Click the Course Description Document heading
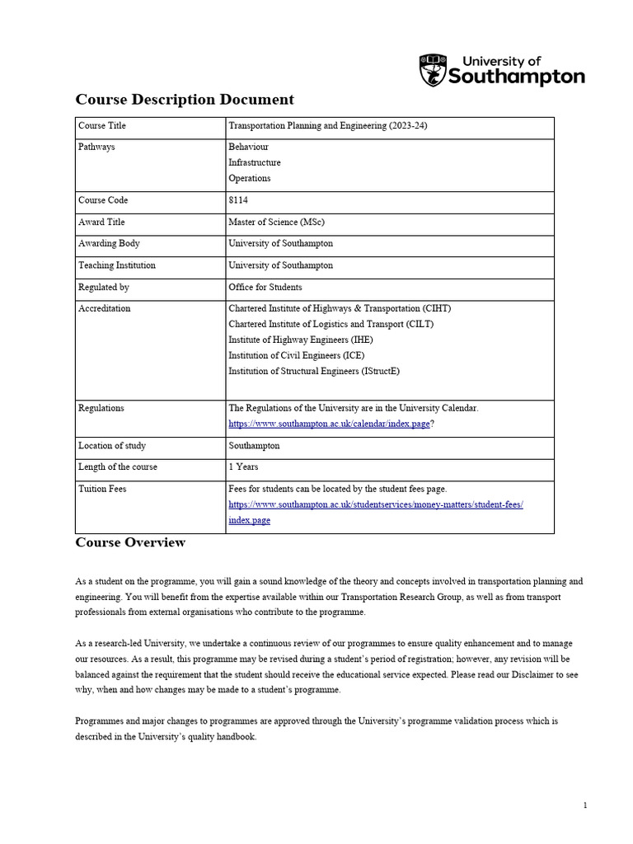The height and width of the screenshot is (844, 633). pos(185,100)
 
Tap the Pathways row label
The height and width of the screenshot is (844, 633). pos(96,147)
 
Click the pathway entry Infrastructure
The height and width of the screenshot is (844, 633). pos(255,162)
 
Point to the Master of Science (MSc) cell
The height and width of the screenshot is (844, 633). pos(274,223)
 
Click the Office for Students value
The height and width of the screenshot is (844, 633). pos(265,287)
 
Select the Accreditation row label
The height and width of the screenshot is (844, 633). pos(104,308)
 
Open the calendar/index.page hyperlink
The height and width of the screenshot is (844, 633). pos(329,423)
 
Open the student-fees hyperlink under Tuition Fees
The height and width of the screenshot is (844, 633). pos(375,504)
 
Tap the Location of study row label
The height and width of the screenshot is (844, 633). pos(112,445)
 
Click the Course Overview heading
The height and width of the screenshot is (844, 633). pos(130,542)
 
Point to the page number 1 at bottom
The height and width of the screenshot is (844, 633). pos(585,805)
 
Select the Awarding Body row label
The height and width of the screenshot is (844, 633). pos(109,244)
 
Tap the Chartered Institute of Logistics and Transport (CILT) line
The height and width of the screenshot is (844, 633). pos(331,324)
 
